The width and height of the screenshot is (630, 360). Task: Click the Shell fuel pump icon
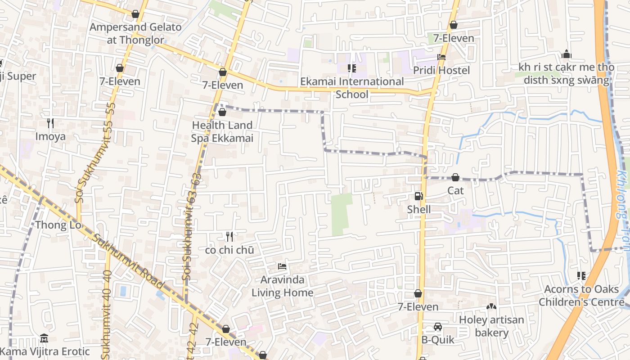pyautogui.click(x=418, y=196)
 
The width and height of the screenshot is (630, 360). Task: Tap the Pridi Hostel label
pyautogui.click(x=441, y=70)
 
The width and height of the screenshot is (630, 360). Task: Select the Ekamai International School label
pyautogui.click(x=352, y=88)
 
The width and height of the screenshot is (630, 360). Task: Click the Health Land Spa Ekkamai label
pyautogui.click(x=222, y=131)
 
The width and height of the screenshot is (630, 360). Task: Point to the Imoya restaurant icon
pyautogui.click(x=50, y=123)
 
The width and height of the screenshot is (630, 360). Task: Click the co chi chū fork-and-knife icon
pyautogui.click(x=229, y=237)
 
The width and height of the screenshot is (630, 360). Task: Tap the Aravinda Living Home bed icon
pyautogui.click(x=282, y=266)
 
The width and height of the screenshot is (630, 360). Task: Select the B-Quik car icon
pyautogui.click(x=437, y=327)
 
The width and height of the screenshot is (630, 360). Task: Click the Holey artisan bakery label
pyautogui.click(x=491, y=326)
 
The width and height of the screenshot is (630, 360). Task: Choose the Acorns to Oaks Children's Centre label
pyautogui.click(x=581, y=295)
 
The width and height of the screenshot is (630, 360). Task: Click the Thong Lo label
pyautogui.click(x=58, y=225)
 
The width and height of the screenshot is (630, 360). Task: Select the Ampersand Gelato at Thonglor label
pyautogui.click(x=135, y=33)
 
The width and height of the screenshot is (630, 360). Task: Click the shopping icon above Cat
pyautogui.click(x=455, y=177)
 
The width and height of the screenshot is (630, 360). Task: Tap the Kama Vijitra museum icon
pyautogui.click(x=44, y=338)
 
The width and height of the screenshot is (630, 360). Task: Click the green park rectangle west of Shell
pyautogui.click(x=342, y=214)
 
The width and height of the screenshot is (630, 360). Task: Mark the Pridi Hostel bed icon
pyautogui.click(x=441, y=57)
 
